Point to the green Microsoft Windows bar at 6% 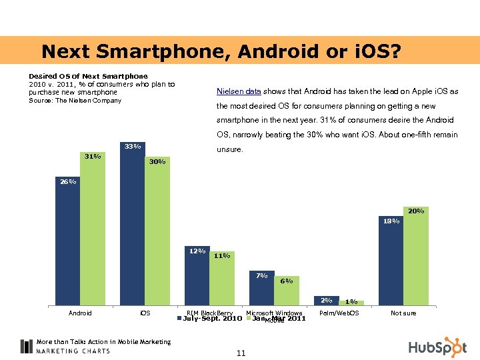287,291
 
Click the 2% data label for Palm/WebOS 326,300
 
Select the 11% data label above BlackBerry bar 222,255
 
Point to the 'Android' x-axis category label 80,313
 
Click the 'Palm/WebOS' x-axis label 339,313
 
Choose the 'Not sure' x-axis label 403,313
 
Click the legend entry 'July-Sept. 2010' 212,319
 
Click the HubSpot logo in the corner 437,347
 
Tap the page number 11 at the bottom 241,353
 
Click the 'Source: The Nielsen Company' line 75,101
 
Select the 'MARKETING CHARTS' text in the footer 73,351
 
